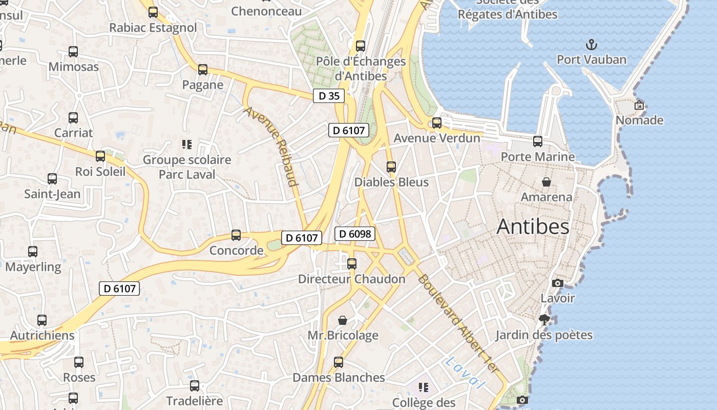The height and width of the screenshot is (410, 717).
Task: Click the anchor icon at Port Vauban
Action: coord(592,45)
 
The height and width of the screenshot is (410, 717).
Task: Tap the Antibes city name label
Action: coord(533,227)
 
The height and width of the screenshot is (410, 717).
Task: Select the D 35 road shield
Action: coord(329,96)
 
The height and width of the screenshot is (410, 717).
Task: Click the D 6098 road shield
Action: coord(355,234)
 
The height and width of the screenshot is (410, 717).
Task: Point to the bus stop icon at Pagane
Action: coord(203,70)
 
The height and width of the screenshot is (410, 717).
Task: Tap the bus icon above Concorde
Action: coord(236,235)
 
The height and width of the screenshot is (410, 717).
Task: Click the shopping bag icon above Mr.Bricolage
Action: coord(343,320)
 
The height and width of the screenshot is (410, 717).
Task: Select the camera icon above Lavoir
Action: coord(558,283)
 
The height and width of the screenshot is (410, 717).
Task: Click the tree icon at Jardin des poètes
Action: coord(544,320)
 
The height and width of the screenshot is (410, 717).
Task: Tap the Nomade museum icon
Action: coord(639,105)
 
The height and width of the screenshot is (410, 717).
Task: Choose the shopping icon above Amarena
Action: coord(546,182)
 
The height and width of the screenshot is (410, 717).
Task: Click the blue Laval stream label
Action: coord(465,372)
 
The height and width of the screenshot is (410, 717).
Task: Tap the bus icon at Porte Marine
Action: coord(538,141)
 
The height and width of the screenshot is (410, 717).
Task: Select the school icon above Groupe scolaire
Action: coord(187,145)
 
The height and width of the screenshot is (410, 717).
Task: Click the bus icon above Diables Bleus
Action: coord(391,167)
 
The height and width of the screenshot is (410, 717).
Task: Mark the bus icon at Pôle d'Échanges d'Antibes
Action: coord(361,46)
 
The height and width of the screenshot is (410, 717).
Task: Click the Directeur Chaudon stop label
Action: coord(352,279)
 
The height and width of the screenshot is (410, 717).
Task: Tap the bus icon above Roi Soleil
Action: coord(100,156)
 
